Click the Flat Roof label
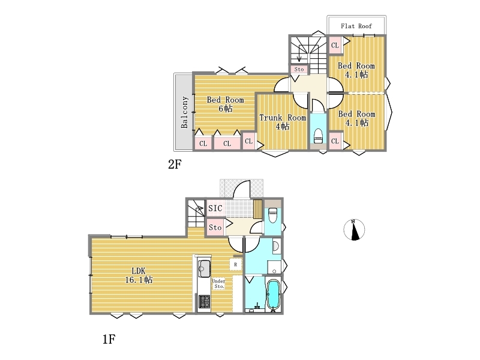356,26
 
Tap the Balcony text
184,112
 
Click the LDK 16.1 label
139,275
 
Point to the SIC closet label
215,208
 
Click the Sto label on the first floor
215,227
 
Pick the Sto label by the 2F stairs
299,69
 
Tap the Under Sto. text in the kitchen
218,283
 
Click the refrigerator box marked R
235,265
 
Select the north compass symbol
354,230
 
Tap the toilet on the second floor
319,136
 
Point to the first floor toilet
272,216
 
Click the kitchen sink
203,268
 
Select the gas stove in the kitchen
204,301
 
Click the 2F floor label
175,164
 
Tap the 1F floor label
109,339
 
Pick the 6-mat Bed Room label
226,104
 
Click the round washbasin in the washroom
276,246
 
